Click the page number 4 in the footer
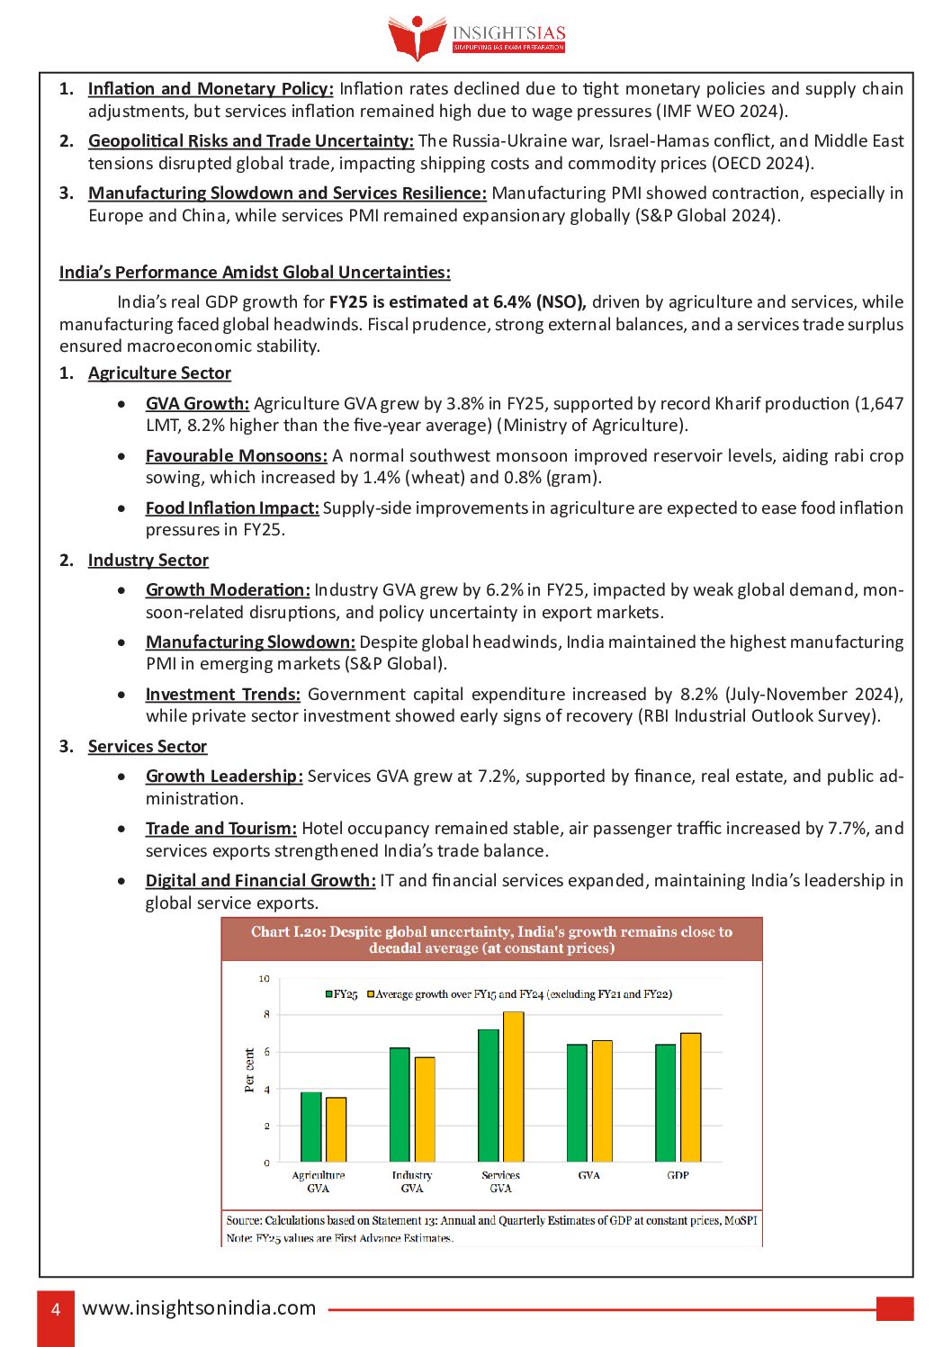(56, 1309)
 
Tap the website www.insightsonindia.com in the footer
(199, 1308)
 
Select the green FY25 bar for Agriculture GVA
(311, 1127)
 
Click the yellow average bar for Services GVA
(513, 1086)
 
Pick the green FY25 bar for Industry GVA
(400, 1104)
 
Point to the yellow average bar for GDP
(690, 1097)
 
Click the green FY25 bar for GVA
(577, 1102)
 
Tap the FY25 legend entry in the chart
(342, 994)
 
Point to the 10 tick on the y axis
(265, 979)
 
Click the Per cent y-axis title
(250, 1070)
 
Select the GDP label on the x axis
(678, 1175)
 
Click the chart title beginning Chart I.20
(491, 939)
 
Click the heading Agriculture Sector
(159, 373)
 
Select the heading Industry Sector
(148, 561)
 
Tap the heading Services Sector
(148, 747)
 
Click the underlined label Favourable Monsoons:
(237, 456)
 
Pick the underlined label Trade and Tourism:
(221, 829)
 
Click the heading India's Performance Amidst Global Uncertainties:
(255, 273)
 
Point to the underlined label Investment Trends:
(223, 695)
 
